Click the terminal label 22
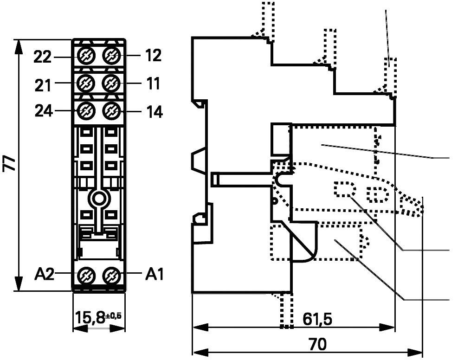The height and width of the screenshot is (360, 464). pyautogui.click(x=42, y=57)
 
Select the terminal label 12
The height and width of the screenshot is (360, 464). pyautogui.click(x=153, y=56)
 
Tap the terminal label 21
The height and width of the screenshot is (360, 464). pyautogui.click(x=42, y=84)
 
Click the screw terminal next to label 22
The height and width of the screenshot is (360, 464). pyautogui.click(x=85, y=56)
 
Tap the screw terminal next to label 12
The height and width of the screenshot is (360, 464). pyautogui.click(x=111, y=56)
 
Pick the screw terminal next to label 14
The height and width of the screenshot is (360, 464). pyautogui.click(x=111, y=111)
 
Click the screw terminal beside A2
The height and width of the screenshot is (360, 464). pyautogui.click(x=85, y=275)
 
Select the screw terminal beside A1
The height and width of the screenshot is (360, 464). pyautogui.click(x=111, y=275)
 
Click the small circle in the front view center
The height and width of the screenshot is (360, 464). pyautogui.click(x=98, y=199)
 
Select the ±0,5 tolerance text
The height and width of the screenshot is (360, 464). pyautogui.click(x=114, y=316)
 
